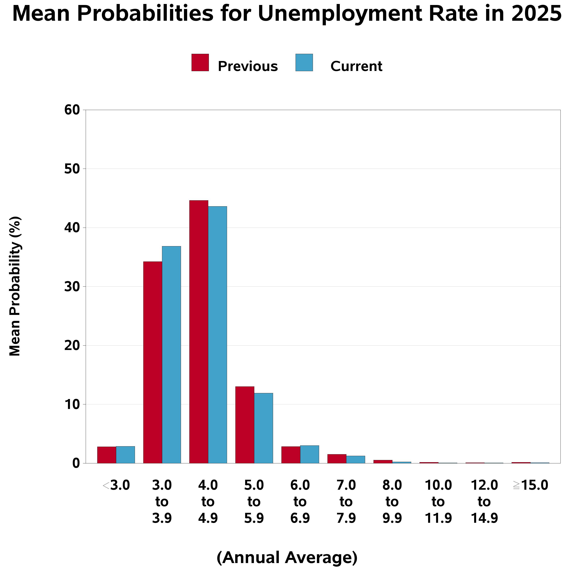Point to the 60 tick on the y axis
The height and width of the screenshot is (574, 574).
[x=72, y=110]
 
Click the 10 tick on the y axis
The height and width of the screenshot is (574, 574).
[x=72, y=404]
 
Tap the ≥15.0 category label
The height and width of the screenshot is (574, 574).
[x=530, y=486]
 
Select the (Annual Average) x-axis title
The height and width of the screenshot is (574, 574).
[x=287, y=557]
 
